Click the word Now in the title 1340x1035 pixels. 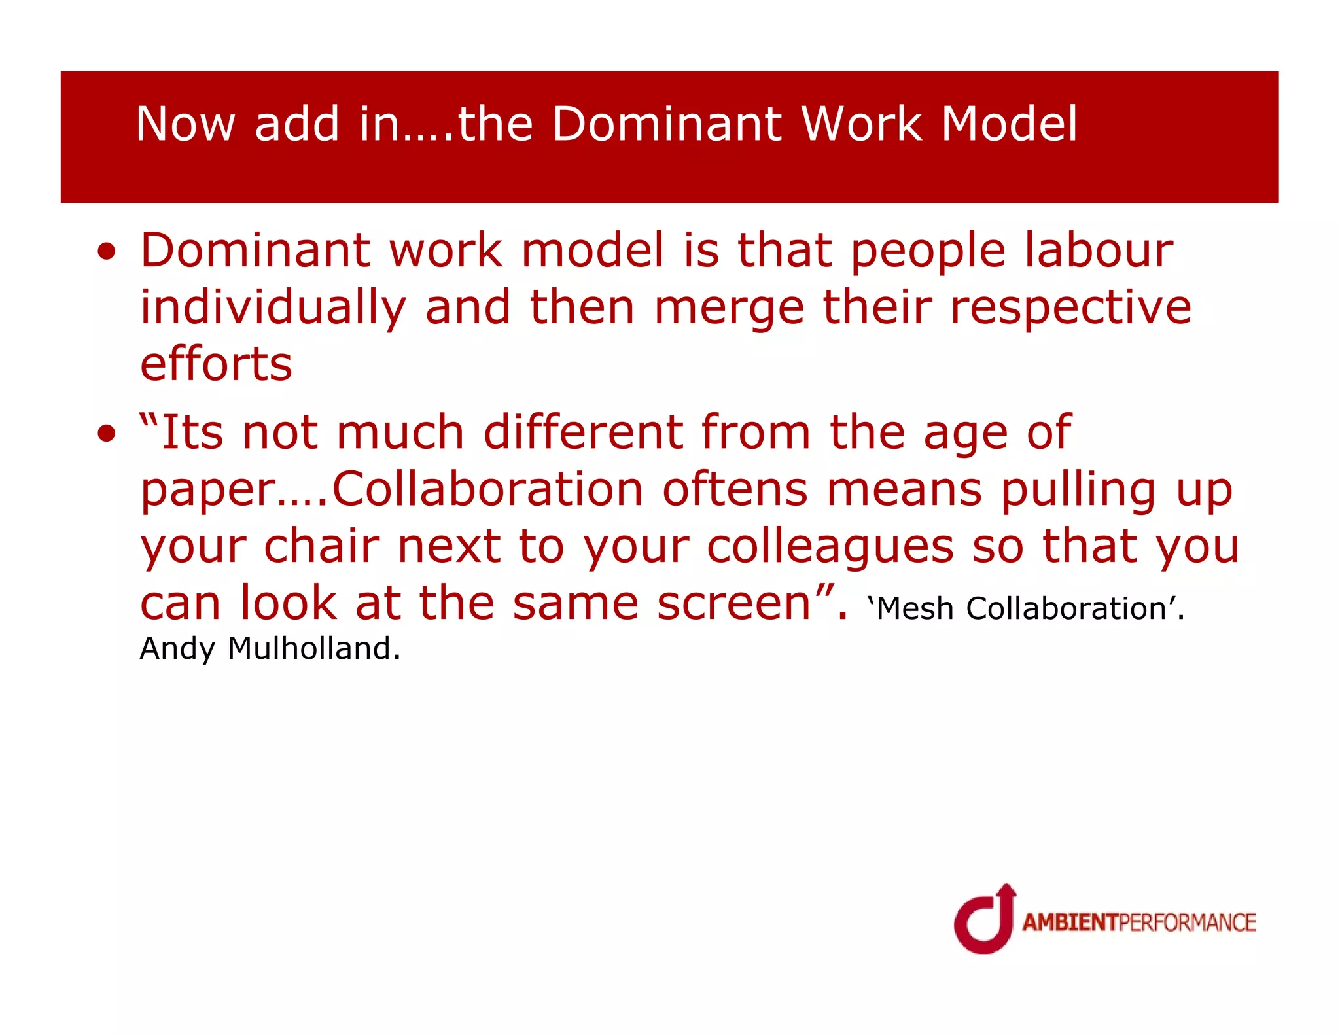pos(185,124)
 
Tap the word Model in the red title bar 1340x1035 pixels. pos(1009,124)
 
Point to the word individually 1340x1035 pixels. pos(273,307)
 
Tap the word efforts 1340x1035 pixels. pos(216,364)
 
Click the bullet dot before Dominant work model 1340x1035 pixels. pos(106,252)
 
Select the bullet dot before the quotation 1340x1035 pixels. pos(106,433)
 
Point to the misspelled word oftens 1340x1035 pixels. pos(735,489)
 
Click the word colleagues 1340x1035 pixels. pos(830,546)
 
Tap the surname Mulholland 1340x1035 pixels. pos(309,648)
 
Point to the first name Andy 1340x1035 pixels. pos(177,648)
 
